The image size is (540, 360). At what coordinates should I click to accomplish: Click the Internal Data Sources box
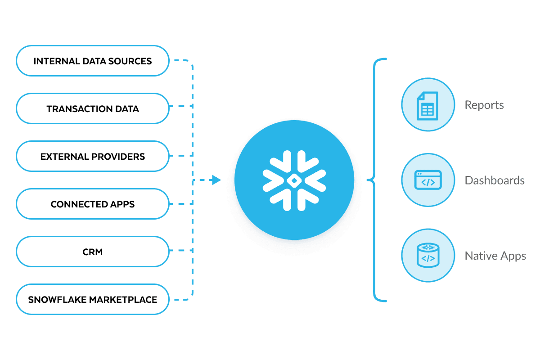click(93, 61)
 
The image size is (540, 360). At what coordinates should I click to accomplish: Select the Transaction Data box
click(93, 108)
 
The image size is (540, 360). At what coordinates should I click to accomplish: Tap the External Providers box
click(93, 157)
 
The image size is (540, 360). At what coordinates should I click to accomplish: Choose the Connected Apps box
click(93, 204)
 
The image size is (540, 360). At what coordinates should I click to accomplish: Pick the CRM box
click(93, 252)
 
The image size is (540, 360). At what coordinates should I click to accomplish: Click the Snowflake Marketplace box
click(93, 300)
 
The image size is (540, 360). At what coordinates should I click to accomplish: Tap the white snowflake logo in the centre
click(294, 180)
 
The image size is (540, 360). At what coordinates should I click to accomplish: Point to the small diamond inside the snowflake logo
click(294, 180)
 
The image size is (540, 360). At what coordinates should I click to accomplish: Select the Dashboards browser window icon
click(427, 181)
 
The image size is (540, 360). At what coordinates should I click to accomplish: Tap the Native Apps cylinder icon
click(427, 256)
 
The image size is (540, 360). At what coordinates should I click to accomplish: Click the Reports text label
click(484, 105)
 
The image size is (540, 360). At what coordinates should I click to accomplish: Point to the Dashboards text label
click(495, 181)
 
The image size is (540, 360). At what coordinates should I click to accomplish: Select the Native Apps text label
click(495, 256)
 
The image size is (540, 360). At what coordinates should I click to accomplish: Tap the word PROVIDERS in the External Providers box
click(118, 157)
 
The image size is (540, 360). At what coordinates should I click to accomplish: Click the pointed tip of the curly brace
click(369, 180)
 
